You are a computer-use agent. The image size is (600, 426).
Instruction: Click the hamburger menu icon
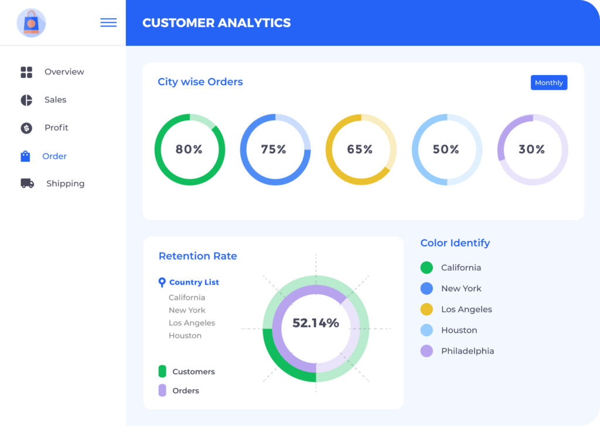pyautogui.click(x=108, y=23)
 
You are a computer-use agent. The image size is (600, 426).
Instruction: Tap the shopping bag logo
pyautogui.click(x=31, y=23)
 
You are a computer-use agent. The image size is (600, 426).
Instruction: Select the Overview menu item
pyautogui.click(x=64, y=72)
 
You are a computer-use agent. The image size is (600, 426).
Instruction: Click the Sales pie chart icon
pyautogui.click(x=26, y=100)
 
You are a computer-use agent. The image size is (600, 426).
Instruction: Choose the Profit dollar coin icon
pyautogui.click(x=26, y=128)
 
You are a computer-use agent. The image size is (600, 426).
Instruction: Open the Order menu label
pyautogui.click(x=54, y=156)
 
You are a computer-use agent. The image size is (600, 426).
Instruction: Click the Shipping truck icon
pyautogui.click(x=27, y=183)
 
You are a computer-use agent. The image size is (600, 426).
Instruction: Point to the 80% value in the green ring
pyautogui.click(x=189, y=149)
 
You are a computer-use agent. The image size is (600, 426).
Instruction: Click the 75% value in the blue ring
pyautogui.click(x=274, y=149)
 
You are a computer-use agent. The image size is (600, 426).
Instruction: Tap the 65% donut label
pyautogui.click(x=360, y=149)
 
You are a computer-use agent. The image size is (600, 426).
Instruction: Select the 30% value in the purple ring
pyautogui.click(x=531, y=149)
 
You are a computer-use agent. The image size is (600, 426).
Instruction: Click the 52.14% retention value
pyautogui.click(x=316, y=323)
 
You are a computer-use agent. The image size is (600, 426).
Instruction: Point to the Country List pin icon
pyautogui.click(x=162, y=282)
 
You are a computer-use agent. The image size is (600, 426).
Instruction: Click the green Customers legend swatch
pyautogui.click(x=162, y=372)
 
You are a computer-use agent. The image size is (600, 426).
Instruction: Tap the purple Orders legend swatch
pyautogui.click(x=162, y=390)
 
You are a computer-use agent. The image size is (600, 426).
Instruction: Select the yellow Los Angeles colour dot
pyautogui.click(x=427, y=309)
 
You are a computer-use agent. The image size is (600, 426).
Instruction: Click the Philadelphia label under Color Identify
pyautogui.click(x=467, y=351)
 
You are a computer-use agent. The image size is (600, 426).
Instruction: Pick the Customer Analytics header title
pyautogui.click(x=216, y=23)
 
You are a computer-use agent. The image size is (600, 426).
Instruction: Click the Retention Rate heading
pyautogui.click(x=197, y=256)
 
